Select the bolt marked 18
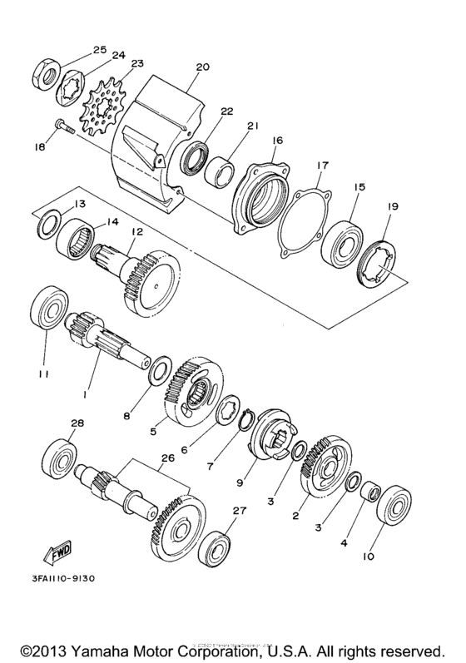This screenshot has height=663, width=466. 65,127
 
